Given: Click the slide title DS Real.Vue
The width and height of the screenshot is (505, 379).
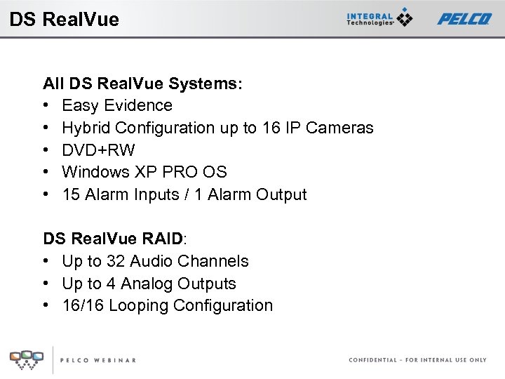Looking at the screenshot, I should [x=65, y=19].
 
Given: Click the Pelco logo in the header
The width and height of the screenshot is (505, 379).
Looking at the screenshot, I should [x=464, y=19].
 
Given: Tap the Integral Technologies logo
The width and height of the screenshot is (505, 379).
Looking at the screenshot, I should [x=379, y=18].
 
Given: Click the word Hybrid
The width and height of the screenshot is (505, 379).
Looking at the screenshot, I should [x=86, y=128].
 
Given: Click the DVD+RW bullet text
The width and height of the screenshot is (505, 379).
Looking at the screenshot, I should [x=98, y=150].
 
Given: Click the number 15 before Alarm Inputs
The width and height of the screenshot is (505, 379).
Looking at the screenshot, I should [x=71, y=194].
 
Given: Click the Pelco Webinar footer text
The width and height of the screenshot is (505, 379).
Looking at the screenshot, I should [x=97, y=360].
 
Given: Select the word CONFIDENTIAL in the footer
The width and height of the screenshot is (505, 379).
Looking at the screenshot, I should [x=372, y=360].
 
